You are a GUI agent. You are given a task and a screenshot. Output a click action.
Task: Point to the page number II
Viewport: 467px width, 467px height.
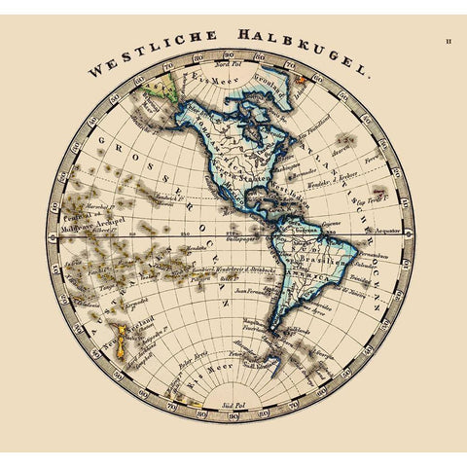pos(449,41)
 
